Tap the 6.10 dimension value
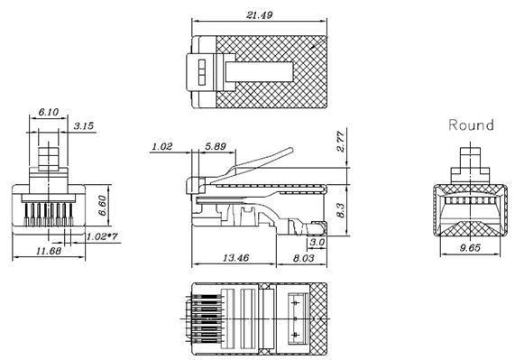[x=49, y=114]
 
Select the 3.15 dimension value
[x=85, y=125]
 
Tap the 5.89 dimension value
[x=216, y=145]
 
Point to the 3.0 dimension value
[x=317, y=243]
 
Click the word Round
[x=471, y=125]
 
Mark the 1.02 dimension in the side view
[x=162, y=145]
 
